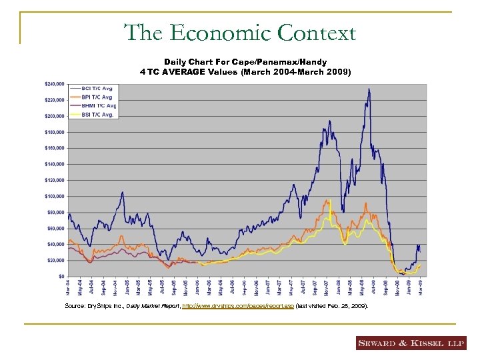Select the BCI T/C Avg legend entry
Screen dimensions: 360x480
(99, 89)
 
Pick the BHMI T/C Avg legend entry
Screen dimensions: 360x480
(100, 105)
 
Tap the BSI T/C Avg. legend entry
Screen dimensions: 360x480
(99, 114)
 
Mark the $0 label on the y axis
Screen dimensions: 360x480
(61, 276)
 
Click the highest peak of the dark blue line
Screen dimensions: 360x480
(369, 89)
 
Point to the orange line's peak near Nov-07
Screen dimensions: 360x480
(328, 200)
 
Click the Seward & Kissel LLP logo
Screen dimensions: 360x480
(411, 343)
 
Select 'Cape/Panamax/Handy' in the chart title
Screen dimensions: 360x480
(287, 62)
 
